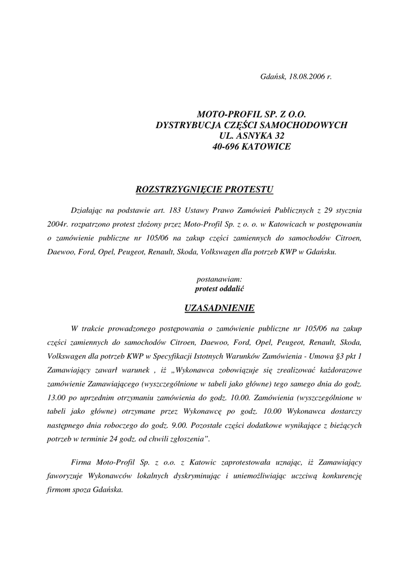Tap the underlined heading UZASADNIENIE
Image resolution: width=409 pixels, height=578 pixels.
[x=220, y=308]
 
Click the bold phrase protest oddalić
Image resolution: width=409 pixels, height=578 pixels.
[x=220, y=288]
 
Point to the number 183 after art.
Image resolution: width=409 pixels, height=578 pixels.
[x=175, y=210]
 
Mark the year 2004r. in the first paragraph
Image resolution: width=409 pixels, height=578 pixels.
[x=59, y=224]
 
